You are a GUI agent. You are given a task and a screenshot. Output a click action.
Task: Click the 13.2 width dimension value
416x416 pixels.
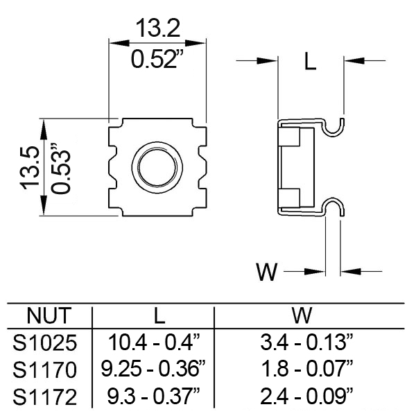(x=158, y=28)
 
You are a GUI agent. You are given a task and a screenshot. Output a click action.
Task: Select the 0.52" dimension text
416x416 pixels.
(x=157, y=59)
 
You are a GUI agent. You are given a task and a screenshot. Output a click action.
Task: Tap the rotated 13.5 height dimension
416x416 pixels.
(x=30, y=168)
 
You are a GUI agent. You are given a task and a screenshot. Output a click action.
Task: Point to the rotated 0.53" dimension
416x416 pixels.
(x=61, y=168)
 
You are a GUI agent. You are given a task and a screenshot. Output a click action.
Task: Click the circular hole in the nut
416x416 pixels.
(x=157, y=168)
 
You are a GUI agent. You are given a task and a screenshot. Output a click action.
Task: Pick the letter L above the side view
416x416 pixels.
(x=311, y=61)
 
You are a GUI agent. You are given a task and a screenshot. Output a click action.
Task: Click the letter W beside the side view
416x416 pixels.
(x=267, y=272)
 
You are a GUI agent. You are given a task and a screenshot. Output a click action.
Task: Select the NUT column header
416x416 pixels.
(x=49, y=315)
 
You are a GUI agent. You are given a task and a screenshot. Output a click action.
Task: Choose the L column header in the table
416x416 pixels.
(x=159, y=315)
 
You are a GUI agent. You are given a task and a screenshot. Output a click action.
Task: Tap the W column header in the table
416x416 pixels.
(x=302, y=315)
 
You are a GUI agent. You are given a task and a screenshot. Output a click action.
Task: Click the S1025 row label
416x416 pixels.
(x=45, y=343)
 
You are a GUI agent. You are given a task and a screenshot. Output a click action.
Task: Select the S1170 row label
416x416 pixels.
(x=45, y=370)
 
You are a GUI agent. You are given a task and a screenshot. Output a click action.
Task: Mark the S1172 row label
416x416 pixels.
(x=45, y=397)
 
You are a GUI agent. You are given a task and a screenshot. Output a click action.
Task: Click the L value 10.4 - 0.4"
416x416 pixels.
(x=154, y=342)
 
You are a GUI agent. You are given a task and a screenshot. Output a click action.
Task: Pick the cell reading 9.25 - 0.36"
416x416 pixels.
(x=153, y=369)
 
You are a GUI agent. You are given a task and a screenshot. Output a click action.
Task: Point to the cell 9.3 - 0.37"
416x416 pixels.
(x=154, y=396)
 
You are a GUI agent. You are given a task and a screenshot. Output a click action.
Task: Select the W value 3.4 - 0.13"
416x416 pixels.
(x=306, y=342)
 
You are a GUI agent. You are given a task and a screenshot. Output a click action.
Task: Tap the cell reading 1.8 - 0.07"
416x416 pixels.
(x=307, y=369)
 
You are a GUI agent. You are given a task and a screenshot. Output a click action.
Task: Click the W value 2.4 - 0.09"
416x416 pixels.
(x=306, y=396)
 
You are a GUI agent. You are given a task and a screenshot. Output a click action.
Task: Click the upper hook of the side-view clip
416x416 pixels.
(x=333, y=133)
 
